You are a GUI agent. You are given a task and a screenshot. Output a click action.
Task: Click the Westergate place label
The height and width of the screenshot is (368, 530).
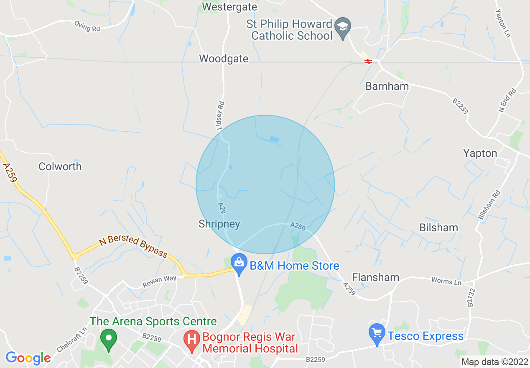click(229, 7)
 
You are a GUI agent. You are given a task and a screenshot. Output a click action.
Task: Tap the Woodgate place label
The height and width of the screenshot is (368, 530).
click(224, 59)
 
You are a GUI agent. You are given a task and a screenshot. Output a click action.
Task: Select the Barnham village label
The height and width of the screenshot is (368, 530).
click(387, 86)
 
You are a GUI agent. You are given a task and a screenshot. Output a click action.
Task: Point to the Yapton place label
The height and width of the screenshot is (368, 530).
click(480, 153)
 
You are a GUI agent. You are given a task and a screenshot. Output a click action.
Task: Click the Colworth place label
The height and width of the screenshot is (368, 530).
click(60, 166)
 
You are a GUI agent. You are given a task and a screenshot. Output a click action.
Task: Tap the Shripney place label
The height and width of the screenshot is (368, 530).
click(219, 224)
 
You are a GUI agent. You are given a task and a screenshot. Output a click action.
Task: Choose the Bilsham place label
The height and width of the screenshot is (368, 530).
click(439, 227)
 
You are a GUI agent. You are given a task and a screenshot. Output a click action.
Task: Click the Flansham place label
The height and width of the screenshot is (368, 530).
click(375, 277)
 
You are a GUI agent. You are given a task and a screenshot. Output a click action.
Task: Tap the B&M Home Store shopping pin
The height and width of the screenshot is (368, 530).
click(239, 265)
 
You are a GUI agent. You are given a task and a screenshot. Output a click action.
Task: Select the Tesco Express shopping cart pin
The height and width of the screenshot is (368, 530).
click(377, 335)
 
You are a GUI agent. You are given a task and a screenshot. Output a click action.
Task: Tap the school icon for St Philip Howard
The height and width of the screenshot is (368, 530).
click(343, 27)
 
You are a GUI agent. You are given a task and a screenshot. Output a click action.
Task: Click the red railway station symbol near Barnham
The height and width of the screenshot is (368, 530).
click(368, 61)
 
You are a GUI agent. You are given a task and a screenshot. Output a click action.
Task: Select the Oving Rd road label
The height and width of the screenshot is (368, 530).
click(88, 26)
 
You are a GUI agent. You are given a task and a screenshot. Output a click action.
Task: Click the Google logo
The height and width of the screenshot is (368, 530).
click(28, 358)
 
